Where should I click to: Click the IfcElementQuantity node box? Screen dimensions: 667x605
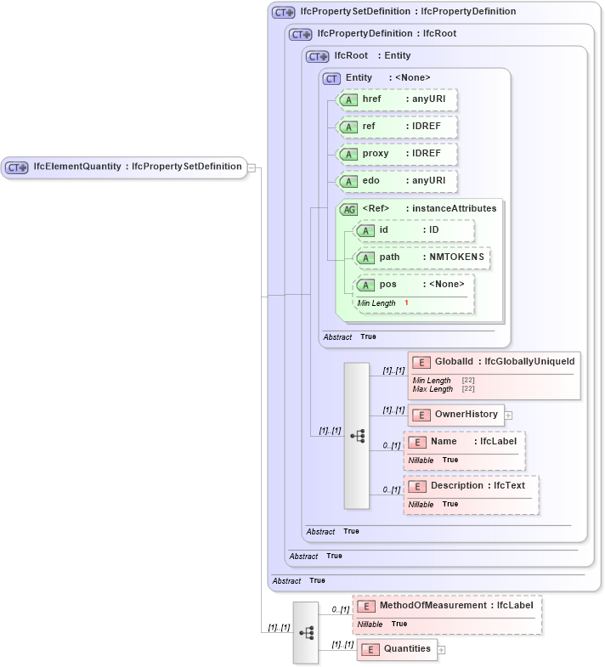click(124, 167)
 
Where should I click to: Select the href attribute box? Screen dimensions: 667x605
click(398, 99)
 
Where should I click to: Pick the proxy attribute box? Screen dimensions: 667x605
click(398, 154)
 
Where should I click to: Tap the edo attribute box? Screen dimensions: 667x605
click(398, 181)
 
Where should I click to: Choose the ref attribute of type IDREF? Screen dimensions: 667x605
click(398, 127)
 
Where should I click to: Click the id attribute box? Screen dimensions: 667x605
click(414, 230)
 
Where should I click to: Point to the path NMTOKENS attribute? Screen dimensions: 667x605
click(422, 257)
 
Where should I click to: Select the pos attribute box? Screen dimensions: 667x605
click(414, 285)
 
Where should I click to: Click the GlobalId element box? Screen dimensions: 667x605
click(495, 363)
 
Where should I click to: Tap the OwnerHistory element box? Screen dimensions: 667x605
click(456, 415)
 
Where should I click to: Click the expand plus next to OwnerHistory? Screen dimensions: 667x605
click(509, 415)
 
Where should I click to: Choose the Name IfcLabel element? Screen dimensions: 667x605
click(466, 442)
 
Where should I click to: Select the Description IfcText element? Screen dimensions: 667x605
click(472, 486)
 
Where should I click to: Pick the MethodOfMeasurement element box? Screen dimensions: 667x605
click(448, 606)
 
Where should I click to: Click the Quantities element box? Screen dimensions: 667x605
click(397, 649)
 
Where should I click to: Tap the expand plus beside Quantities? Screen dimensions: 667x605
click(441, 650)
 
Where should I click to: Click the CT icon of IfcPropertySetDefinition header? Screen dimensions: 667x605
click(284, 12)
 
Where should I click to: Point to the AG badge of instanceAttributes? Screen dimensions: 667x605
click(348, 209)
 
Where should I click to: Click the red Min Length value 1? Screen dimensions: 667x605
click(406, 303)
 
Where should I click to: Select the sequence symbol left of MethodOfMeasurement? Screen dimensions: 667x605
click(307, 633)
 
